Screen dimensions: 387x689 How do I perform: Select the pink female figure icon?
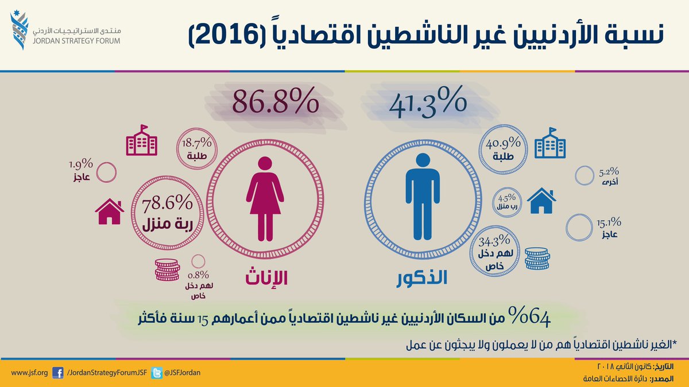pyautogui.click(x=265, y=198)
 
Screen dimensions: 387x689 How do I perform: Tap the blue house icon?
pyautogui.click(x=541, y=201)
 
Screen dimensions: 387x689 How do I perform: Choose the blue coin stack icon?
pyautogui.click(x=537, y=258)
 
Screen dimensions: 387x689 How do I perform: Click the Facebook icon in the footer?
pyautogui.click(x=57, y=373)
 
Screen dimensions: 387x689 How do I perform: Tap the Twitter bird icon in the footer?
pyautogui.click(x=157, y=373)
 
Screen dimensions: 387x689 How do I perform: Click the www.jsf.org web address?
pyautogui.click(x=29, y=373)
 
